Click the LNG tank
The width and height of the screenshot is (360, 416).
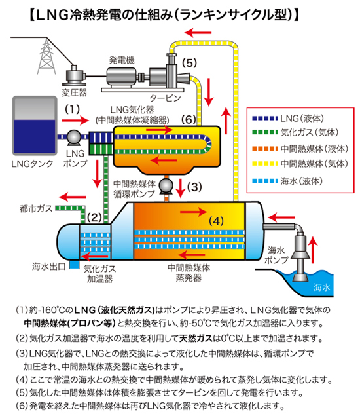(35, 126)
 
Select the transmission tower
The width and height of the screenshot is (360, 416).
(46, 56)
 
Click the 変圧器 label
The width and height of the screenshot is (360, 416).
(75, 92)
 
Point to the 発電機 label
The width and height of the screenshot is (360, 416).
(122, 60)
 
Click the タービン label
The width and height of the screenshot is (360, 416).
(165, 98)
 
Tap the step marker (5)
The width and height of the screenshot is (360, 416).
(189, 63)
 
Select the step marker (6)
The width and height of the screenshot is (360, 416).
(189, 120)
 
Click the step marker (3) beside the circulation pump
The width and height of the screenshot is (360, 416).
(194, 187)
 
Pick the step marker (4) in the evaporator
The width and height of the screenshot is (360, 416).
(216, 221)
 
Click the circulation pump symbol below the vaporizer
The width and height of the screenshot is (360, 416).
(166, 186)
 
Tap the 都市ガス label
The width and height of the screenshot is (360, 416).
(36, 208)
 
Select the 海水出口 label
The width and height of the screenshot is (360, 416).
(48, 267)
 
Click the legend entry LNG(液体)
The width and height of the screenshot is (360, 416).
(288, 119)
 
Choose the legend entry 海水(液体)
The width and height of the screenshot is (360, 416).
(287, 181)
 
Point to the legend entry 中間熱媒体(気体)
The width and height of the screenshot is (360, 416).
(300, 164)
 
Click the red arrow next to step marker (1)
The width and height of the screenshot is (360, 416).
(75, 121)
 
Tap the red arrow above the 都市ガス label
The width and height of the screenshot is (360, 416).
(73, 197)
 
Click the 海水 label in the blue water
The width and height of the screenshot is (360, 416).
(321, 287)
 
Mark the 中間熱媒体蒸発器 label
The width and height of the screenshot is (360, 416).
(189, 273)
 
